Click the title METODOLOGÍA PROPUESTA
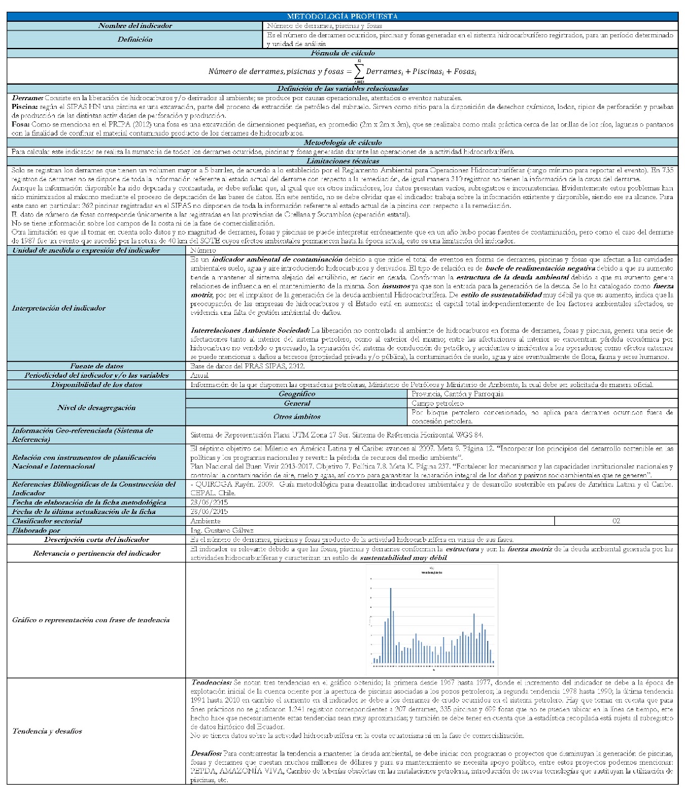point(342,16)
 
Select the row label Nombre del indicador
point(135,26)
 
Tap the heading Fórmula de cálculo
point(342,54)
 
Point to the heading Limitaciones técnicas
point(342,161)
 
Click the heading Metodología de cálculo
point(342,143)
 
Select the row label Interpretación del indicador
point(59,308)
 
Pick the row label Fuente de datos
point(96,366)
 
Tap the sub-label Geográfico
point(297,394)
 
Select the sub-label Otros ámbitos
point(297,416)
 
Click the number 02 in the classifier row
point(616,521)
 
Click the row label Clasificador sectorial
point(47,521)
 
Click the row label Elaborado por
point(37,530)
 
